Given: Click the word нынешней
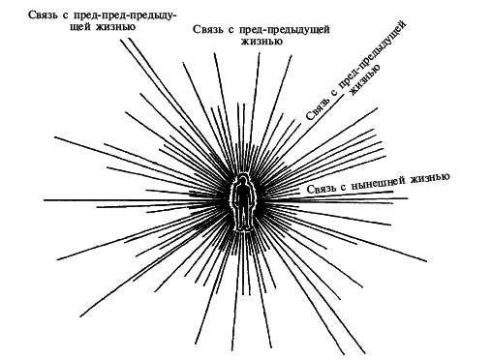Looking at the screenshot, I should click(x=384, y=180).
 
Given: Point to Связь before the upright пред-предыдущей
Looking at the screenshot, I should click(x=209, y=30).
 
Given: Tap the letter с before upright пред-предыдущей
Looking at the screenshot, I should click(x=231, y=30).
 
